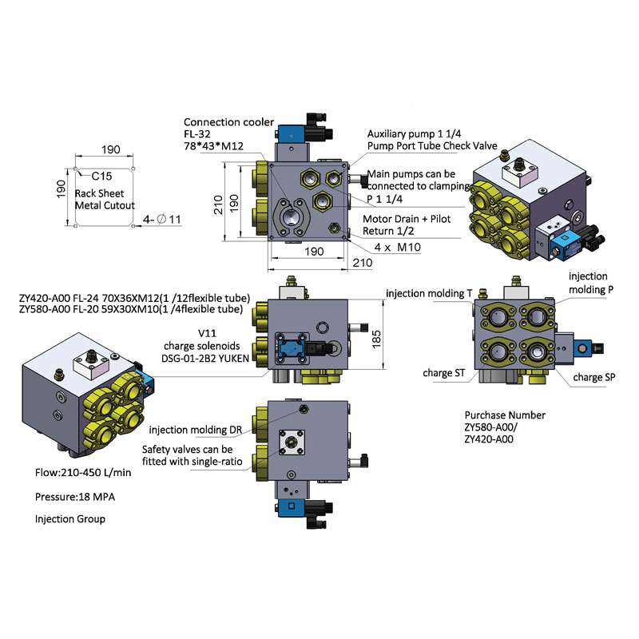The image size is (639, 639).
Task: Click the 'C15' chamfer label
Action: point(101,176)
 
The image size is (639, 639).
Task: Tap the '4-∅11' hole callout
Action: point(162,220)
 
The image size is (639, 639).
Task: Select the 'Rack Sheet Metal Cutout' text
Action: point(105,199)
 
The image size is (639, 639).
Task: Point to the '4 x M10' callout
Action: point(397,247)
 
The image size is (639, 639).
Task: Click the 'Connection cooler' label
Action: point(228,122)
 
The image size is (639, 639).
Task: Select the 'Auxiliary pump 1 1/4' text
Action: point(414,134)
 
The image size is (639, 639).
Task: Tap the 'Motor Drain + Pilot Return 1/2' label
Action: point(407,225)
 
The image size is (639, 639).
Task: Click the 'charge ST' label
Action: point(444,373)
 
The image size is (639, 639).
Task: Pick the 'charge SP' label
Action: point(594,377)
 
